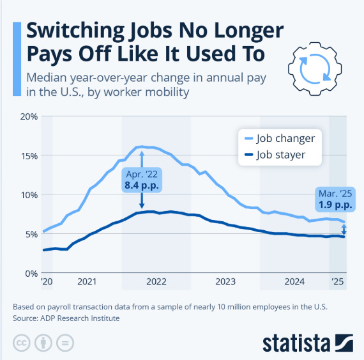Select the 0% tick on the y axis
pyautogui.click(x=30, y=273)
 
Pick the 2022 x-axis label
pyautogui.click(x=156, y=281)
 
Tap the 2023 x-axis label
pyautogui.click(x=225, y=281)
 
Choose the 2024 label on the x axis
pyautogui.click(x=294, y=281)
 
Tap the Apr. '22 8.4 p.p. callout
pyautogui.click(x=142, y=180)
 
